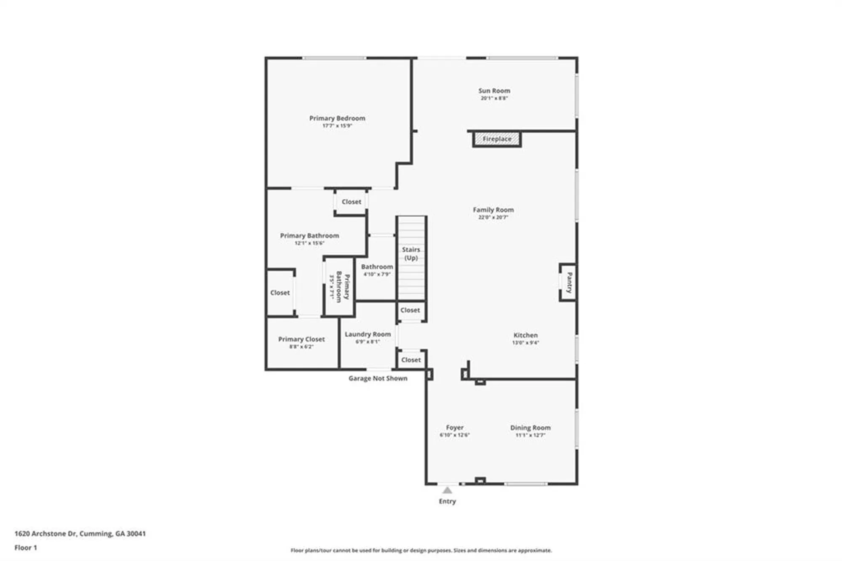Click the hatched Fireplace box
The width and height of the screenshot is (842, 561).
point(497,139)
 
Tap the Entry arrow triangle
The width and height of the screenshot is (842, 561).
point(447,490)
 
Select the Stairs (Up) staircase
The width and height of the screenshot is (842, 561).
point(411,258)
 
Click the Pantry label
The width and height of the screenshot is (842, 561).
point(569,283)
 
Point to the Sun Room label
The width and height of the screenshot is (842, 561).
point(494,91)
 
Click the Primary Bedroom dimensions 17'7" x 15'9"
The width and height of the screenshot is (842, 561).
point(337,126)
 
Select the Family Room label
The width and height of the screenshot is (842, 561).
point(493,210)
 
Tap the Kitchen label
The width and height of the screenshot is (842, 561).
point(525,335)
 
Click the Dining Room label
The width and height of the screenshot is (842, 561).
point(530,427)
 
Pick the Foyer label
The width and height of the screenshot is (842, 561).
point(454,427)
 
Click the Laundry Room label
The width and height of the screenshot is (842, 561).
point(368,334)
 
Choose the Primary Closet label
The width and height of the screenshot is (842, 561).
point(301,339)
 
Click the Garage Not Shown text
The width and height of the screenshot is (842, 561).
point(378,378)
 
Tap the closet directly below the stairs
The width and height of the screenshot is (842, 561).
point(410,310)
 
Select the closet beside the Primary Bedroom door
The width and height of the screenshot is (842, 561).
point(351,202)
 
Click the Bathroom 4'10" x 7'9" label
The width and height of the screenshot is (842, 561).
point(377,270)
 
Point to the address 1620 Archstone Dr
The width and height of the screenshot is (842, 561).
point(80,534)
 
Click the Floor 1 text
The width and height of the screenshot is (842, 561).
point(26,548)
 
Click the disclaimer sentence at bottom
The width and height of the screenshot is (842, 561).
point(421,550)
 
